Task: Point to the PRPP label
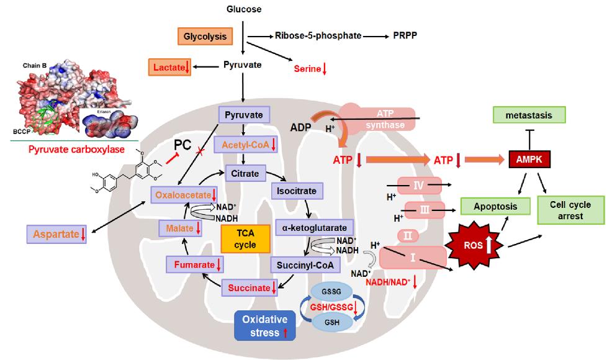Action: [x=403, y=35]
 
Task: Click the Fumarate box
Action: [x=193, y=266]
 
